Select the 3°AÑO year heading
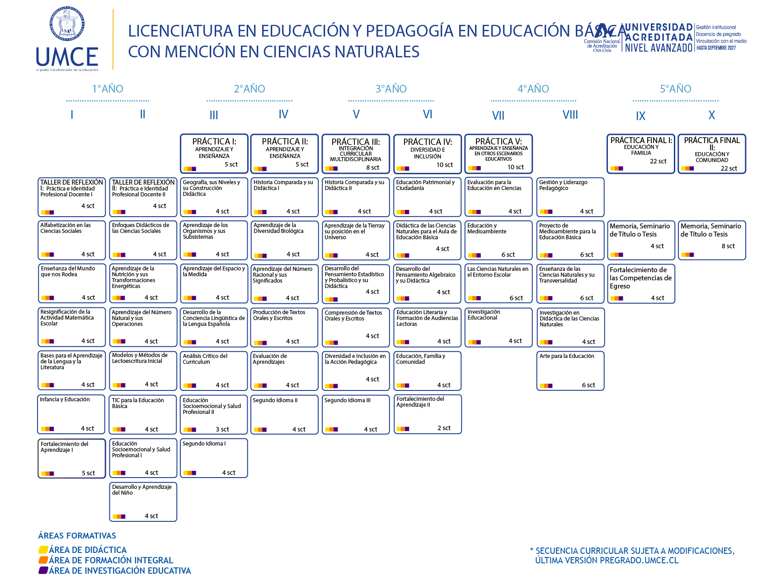[391, 89]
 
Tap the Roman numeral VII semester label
[498, 116]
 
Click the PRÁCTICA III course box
[356, 153]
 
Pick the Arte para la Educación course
[570, 370]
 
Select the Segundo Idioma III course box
[356, 414]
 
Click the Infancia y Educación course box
[71, 413]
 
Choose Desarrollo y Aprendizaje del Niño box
[143, 501]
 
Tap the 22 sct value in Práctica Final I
[658, 161]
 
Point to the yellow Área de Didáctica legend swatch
[43, 550]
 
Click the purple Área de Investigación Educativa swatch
[43, 571]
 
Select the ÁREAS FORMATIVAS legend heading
[77, 536]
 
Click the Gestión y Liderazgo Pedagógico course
[570, 197]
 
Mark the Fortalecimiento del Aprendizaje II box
[428, 413]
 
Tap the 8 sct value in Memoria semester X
[728, 246]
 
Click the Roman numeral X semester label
[711, 116]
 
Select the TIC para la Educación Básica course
[143, 414]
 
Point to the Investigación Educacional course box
[499, 327]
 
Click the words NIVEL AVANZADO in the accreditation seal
[659, 47]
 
